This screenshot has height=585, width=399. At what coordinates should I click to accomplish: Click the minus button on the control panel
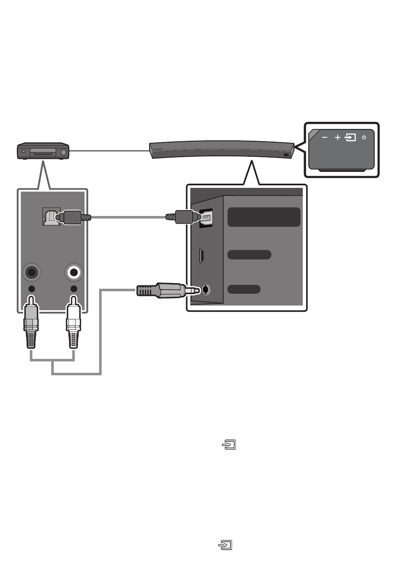click(x=325, y=137)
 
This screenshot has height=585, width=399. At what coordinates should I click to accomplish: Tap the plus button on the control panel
click(x=337, y=137)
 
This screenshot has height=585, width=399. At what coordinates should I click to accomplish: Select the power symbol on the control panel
click(x=364, y=137)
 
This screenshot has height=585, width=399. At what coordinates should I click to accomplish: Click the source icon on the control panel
click(x=350, y=137)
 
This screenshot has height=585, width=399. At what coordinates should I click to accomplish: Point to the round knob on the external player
click(x=63, y=153)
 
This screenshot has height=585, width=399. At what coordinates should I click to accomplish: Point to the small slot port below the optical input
click(x=202, y=256)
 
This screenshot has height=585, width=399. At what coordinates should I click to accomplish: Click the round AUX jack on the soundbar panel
click(x=205, y=290)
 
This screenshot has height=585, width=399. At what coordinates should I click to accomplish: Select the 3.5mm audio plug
click(x=164, y=290)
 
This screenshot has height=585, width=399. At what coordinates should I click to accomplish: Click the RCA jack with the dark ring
click(x=31, y=273)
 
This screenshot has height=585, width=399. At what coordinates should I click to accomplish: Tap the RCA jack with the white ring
click(x=74, y=273)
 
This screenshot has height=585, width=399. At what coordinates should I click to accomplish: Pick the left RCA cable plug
click(x=31, y=324)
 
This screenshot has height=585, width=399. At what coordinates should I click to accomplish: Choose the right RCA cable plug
click(x=73, y=324)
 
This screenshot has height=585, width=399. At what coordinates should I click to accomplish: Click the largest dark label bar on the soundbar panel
click(x=264, y=217)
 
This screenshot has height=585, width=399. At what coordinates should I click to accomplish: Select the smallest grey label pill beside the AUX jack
click(x=244, y=289)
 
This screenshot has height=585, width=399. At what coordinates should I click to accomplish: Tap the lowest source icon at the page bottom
click(x=226, y=545)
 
